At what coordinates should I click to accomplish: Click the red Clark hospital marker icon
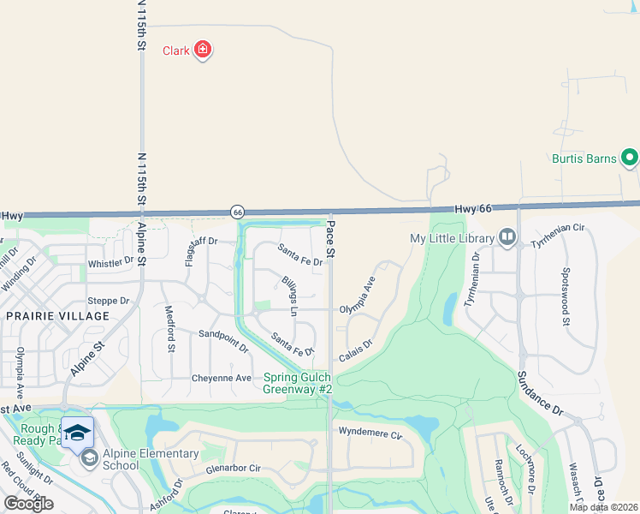click(203, 50)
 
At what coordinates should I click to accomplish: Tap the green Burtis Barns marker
click(630, 158)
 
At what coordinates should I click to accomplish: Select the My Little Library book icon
click(507, 237)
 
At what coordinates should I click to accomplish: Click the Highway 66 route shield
click(238, 212)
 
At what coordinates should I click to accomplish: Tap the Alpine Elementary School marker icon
click(88, 459)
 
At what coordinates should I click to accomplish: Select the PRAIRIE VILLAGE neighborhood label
click(58, 316)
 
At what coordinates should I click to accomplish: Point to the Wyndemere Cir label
click(370, 433)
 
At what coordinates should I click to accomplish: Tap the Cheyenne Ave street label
click(222, 378)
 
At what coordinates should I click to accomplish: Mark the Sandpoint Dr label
click(223, 342)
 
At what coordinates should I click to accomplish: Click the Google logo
click(28, 504)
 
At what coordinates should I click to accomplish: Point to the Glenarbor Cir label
click(233, 469)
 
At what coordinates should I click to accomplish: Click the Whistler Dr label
click(111, 260)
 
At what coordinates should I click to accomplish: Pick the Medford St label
click(169, 330)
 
